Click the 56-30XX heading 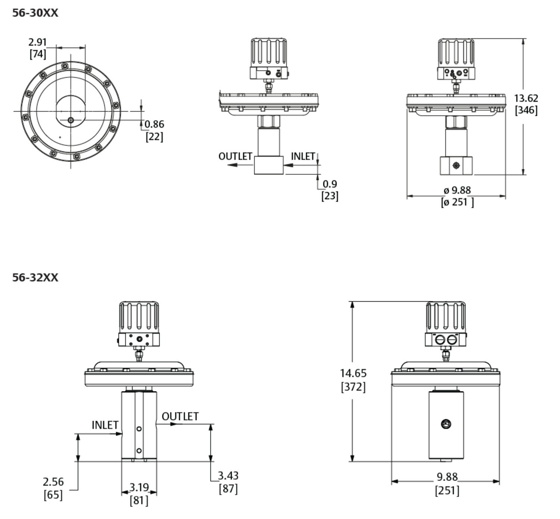pyautogui.click(x=35, y=13)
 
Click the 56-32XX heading pyautogui.click(x=35, y=278)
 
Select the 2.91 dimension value pyautogui.click(x=37, y=42)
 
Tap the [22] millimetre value pyautogui.click(x=154, y=136)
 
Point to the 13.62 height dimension pyautogui.click(x=526, y=98)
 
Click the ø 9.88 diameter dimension pyautogui.click(x=457, y=190)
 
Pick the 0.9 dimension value pyautogui.click(x=330, y=184)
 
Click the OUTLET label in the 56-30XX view pyautogui.click(x=235, y=156)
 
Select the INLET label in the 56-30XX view pyautogui.click(x=303, y=156)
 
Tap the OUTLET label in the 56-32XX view pyautogui.click(x=180, y=416)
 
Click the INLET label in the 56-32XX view pyautogui.click(x=105, y=425)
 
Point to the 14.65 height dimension pyautogui.click(x=353, y=373)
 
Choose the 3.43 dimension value pyautogui.click(x=228, y=476)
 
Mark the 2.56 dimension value pyautogui.click(x=53, y=482)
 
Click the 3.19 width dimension pyautogui.click(x=139, y=487)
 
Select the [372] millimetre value pyautogui.click(x=353, y=387)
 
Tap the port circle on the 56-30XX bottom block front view pyautogui.click(x=455, y=165)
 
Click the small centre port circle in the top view pyautogui.click(x=71, y=120)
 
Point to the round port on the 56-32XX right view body pyautogui.click(x=446, y=424)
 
